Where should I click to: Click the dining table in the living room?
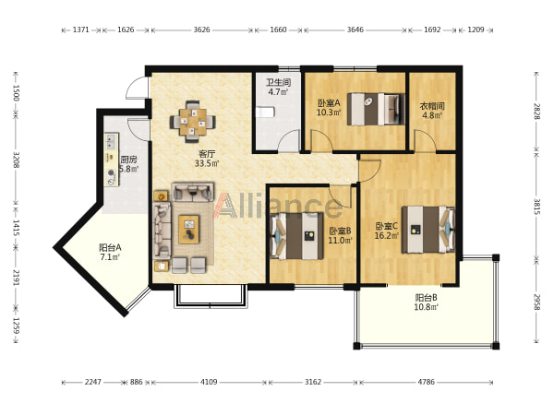(193, 122)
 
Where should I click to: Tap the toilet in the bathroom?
(265, 113)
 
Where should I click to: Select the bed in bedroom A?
(376, 109)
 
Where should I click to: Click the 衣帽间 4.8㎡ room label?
(432, 110)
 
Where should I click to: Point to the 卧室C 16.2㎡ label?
(387, 231)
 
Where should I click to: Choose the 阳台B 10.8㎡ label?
(426, 302)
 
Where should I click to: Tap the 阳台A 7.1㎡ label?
(110, 252)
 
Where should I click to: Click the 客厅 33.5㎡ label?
(207, 159)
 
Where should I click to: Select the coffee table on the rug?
(189, 230)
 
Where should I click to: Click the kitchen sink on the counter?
(112, 141)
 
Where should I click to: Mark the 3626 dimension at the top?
(201, 30)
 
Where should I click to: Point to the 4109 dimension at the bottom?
(209, 382)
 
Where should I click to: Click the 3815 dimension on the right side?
(536, 207)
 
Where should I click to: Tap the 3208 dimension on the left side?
(16, 160)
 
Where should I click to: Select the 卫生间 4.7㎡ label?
(278, 88)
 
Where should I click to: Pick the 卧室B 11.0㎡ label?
(340, 235)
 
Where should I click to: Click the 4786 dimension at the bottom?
(426, 382)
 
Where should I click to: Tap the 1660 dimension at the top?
(278, 30)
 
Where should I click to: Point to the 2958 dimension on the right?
(536, 302)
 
